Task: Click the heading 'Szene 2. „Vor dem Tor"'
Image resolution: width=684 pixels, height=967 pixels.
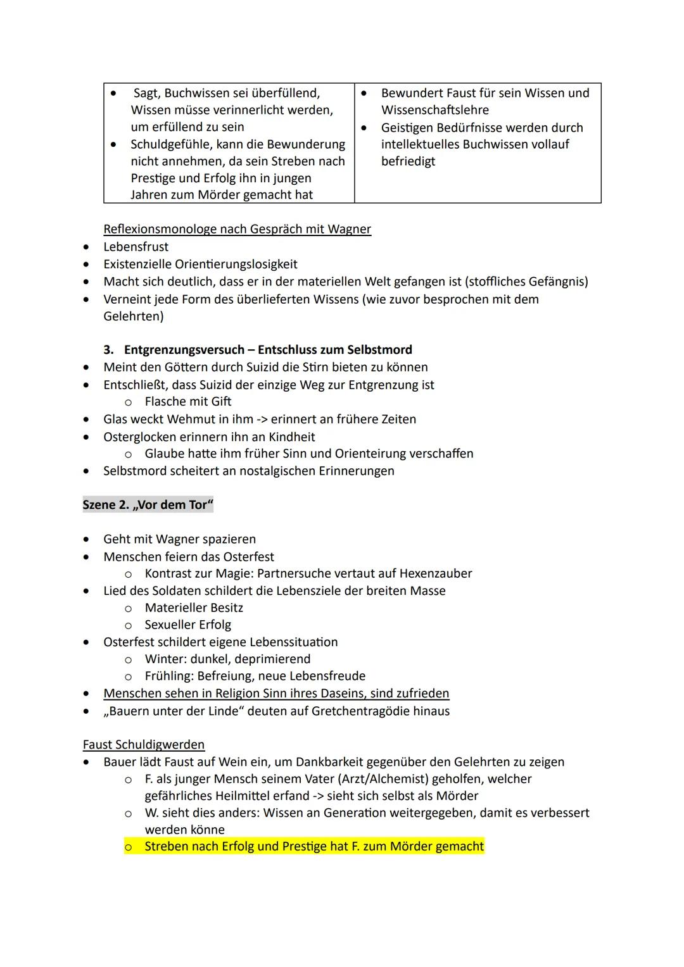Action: click(148, 505)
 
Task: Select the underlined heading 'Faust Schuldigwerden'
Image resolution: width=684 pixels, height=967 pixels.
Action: click(144, 744)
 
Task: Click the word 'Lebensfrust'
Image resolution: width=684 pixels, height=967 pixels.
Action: click(136, 247)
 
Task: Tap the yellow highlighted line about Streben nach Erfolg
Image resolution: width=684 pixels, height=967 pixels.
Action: click(313, 847)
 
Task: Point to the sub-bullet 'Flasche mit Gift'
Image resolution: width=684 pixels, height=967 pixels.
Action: click(187, 402)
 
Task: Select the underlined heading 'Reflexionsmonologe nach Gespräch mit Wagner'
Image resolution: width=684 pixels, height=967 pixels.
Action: click(237, 229)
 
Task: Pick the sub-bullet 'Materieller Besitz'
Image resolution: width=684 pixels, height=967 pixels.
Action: click(194, 608)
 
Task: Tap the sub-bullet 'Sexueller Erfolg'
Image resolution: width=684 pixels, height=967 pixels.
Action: click(187, 625)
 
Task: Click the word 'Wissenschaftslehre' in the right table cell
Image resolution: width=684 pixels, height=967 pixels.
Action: click(434, 110)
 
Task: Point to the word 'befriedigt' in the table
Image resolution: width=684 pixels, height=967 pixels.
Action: click(408, 161)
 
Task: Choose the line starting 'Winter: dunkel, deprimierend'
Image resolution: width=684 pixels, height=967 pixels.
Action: click(227, 659)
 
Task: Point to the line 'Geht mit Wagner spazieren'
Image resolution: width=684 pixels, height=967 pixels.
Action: click(179, 539)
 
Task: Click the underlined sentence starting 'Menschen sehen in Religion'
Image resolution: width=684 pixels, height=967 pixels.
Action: click(276, 694)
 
